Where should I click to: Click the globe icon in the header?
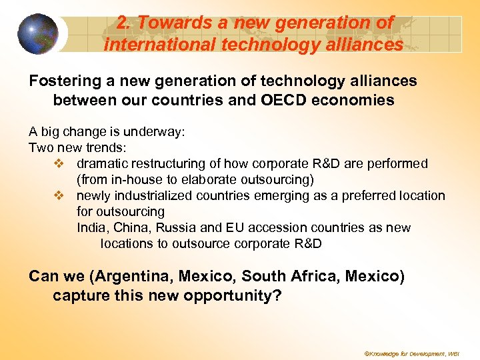[37, 33]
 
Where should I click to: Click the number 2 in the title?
[121, 23]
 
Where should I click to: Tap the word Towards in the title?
[167, 23]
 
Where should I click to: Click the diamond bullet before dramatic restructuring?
[59, 164]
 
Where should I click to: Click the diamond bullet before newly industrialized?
[59, 196]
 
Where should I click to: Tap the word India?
[91, 228]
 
